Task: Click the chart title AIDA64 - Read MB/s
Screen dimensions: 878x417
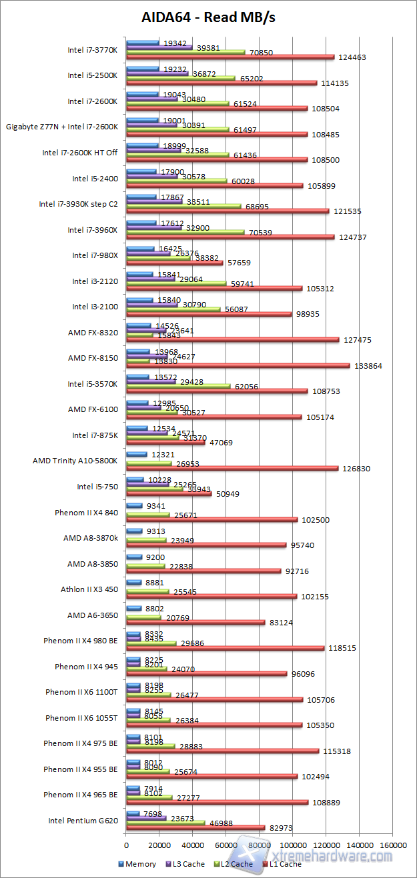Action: [x=208, y=17]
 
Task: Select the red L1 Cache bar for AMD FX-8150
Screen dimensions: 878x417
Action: [x=238, y=365]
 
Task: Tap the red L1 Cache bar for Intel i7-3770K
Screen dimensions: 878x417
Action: [x=230, y=57]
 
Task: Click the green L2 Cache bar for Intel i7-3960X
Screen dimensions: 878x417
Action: [x=186, y=232]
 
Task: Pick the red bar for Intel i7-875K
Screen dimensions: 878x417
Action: [x=166, y=442]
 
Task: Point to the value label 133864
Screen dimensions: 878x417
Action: [x=364, y=366]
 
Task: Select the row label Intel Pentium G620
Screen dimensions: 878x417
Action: [x=83, y=820]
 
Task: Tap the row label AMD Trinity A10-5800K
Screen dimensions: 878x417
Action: [x=75, y=460]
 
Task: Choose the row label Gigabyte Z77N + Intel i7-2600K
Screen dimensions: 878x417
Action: [x=62, y=126]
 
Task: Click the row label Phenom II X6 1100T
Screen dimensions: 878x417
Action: [x=81, y=691]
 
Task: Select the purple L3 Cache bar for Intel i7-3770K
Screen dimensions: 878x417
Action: [x=159, y=47]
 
